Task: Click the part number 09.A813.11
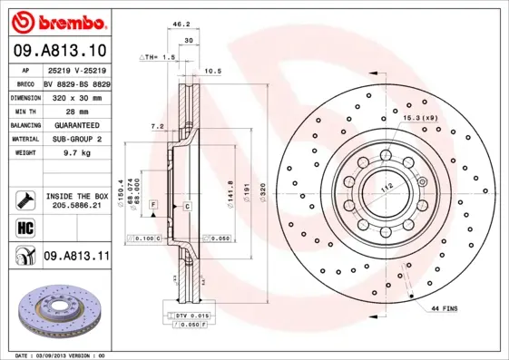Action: pos(76,257)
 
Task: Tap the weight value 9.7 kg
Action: pos(70,154)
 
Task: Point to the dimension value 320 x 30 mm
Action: pos(77,95)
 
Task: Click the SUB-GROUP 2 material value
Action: pos(76,139)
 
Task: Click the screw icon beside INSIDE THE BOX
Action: pos(24,199)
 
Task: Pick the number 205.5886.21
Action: pos(76,206)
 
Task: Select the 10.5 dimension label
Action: pos(212,70)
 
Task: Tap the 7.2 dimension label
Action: pos(155,127)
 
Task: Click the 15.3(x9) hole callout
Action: pos(420,118)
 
